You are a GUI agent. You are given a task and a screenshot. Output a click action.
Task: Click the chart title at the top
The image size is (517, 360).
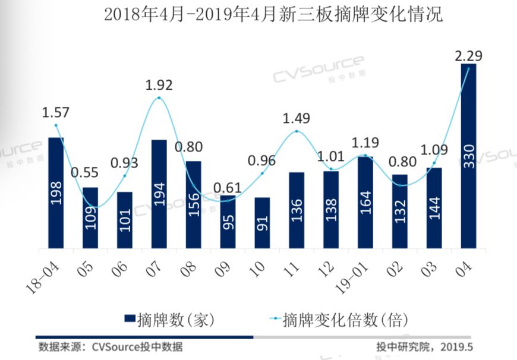[273, 15]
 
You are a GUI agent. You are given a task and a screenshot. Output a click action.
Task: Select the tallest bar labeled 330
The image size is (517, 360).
[468, 156]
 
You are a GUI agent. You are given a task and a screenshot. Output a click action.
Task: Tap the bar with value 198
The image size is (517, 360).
[56, 193]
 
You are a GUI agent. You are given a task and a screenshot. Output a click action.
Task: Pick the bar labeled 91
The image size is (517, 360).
[262, 223]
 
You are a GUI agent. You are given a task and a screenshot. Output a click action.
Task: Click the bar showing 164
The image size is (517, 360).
[365, 203]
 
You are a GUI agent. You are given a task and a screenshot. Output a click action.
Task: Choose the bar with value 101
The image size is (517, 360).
[125, 220]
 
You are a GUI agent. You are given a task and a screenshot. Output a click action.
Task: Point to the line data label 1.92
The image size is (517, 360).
[159, 85]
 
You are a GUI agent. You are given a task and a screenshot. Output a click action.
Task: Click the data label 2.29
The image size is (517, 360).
[468, 56]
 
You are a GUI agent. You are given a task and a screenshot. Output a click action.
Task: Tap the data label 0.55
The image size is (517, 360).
[85, 172]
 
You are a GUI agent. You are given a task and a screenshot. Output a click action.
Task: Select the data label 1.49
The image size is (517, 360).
[297, 118]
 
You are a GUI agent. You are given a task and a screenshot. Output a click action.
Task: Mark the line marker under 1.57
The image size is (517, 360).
[56, 125]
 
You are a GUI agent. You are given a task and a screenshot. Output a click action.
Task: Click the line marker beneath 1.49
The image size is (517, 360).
[297, 131]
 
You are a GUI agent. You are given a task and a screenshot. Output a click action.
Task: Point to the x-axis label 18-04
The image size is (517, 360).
[43, 277]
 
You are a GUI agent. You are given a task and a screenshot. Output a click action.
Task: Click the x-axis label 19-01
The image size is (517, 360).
[352, 277]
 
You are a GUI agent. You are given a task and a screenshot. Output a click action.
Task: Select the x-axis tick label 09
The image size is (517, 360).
[223, 269]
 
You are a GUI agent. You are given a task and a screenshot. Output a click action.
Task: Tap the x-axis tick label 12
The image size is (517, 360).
[326, 269]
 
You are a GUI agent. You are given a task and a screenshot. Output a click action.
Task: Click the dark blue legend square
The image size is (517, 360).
[130, 318]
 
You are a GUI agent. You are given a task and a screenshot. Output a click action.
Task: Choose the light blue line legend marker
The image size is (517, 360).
[275, 318]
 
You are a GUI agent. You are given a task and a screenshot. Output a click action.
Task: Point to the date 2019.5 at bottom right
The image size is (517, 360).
[456, 347]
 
